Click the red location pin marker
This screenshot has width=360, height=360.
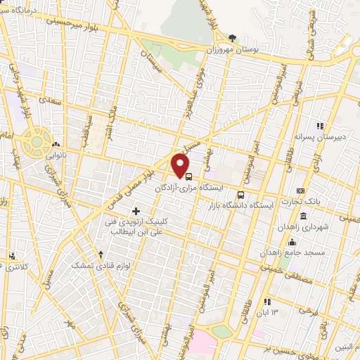[x=180, y=167]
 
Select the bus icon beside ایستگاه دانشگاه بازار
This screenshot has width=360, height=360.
[x=241, y=176]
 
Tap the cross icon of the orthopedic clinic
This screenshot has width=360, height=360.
[x=136, y=211]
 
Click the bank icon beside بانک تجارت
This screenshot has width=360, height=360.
[x=301, y=191]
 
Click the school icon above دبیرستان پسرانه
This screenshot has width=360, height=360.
[x=321, y=126]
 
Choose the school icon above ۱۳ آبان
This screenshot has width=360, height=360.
[x=266, y=302]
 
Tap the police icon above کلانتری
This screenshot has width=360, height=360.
[x=11, y=256]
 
